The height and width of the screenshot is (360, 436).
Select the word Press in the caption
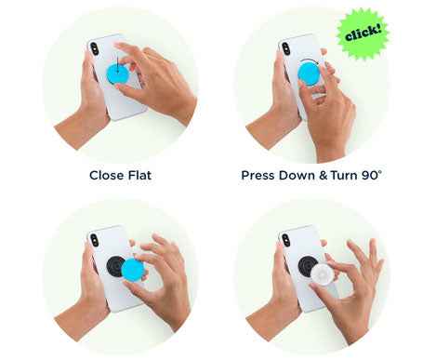tap(261, 175)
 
